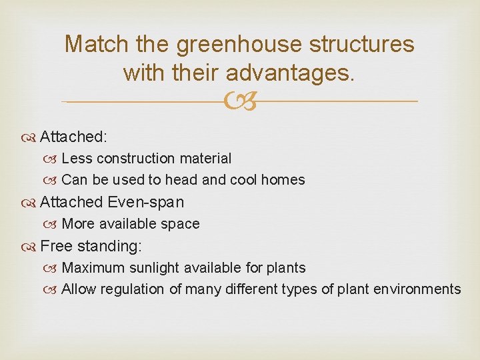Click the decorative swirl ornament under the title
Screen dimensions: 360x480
click(x=239, y=102)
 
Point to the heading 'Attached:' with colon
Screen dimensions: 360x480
click(x=73, y=137)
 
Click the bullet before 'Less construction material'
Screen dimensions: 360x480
click(x=53, y=159)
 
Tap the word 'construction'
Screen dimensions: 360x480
click(x=152, y=159)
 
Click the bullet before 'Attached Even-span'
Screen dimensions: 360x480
click(x=31, y=203)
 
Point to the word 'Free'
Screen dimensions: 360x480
click(x=55, y=246)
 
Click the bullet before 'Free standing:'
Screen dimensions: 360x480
click(x=31, y=247)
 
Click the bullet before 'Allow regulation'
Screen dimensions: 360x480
click(x=53, y=289)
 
